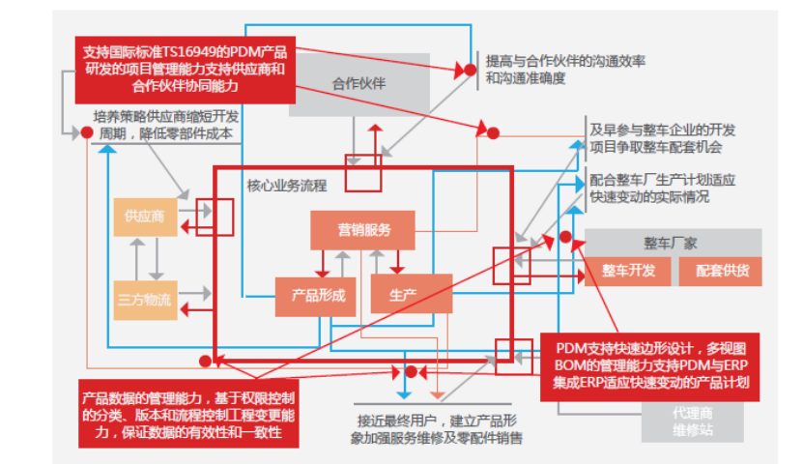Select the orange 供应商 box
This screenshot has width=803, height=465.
144,217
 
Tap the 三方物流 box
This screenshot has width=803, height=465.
144,299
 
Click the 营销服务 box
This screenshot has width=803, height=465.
362,229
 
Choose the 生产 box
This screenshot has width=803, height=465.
411,295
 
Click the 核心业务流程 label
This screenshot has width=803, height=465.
286,185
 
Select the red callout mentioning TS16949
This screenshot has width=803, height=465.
185,69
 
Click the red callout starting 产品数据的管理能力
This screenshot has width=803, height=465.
188,414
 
